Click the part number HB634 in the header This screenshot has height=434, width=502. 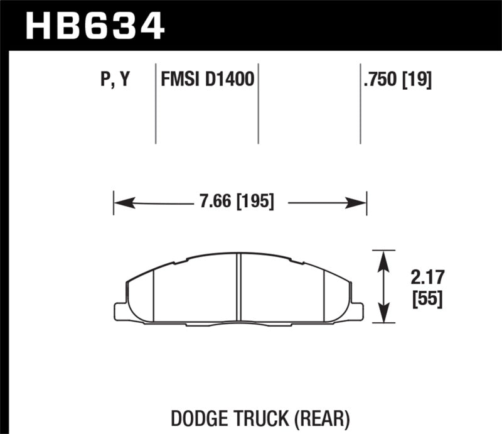(94, 26)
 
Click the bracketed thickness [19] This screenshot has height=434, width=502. (417, 80)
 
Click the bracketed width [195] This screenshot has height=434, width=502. (254, 203)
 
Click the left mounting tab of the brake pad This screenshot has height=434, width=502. (120, 311)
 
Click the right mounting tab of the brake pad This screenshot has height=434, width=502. (357, 311)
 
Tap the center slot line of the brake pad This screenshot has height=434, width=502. (238, 289)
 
